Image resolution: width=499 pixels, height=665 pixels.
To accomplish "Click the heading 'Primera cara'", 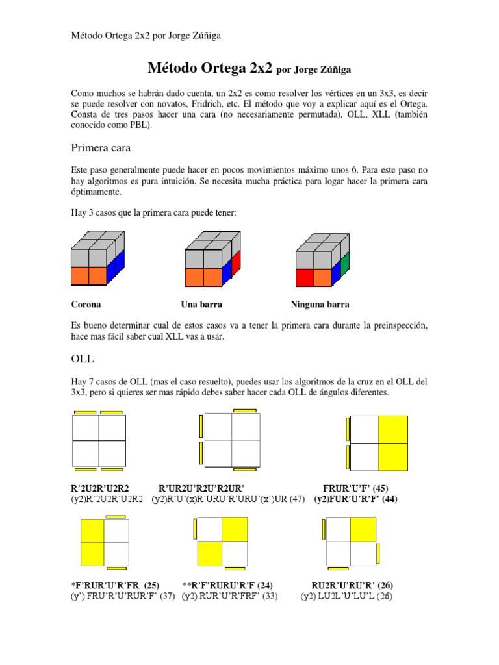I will click(x=101, y=148).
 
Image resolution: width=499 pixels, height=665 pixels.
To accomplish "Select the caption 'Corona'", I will click(x=85, y=304).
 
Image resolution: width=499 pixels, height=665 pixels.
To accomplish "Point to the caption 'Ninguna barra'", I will click(x=320, y=304).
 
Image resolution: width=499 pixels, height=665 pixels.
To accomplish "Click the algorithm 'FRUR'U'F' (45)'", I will click(x=355, y=488).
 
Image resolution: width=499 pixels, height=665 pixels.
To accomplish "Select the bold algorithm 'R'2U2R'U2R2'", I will click(x=101, y=488).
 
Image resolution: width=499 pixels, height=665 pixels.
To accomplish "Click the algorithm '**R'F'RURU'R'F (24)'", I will click(x=227, y=585).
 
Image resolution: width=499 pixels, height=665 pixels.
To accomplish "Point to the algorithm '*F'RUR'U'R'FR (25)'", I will click(x=115, y=585).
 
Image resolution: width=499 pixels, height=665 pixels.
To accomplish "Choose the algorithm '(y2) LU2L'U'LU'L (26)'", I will click(x=346, y=596).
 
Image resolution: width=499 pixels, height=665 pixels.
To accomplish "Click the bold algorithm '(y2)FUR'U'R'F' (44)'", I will click(x=355, y=499).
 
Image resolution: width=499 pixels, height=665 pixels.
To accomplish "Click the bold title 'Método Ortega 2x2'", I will click(x=211, y=68).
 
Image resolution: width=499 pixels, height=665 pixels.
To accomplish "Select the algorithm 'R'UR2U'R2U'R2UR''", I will click(x=201, y=488).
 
